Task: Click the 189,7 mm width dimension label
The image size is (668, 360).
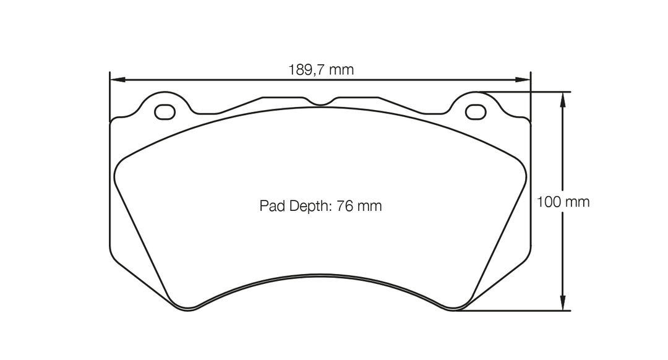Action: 320,70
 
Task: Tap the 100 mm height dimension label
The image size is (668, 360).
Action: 563,202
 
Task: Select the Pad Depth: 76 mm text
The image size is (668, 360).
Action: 320,206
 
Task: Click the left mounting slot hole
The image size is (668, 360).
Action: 165,112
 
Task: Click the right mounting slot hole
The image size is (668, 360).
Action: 475,112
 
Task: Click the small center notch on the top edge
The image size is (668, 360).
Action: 320,103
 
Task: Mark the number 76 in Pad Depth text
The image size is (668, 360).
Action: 345,206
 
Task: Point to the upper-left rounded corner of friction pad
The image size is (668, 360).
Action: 121,165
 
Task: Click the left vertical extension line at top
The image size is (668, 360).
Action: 109,93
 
